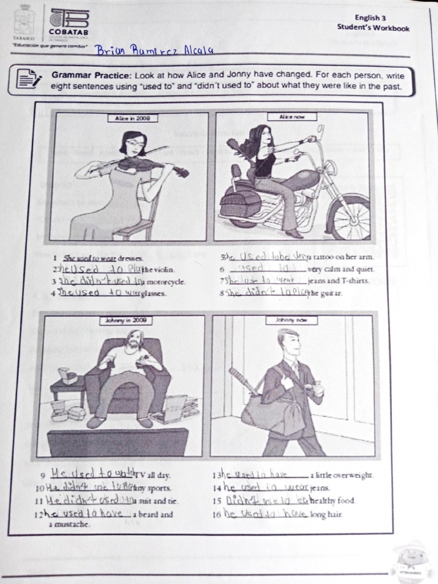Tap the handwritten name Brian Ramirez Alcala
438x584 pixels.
tap(154, 51)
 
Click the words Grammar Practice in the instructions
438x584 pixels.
tap(91, 75)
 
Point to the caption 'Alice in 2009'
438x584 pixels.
tap(129, 118)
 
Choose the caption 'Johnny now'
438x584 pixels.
tap(291, 321)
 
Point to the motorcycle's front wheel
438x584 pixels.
tap(350, 218)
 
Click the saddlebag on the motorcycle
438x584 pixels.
tap(240, 204)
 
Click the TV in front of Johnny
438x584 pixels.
tap(117, 442)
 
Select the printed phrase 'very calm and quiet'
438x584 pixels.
tap(340, 269)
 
